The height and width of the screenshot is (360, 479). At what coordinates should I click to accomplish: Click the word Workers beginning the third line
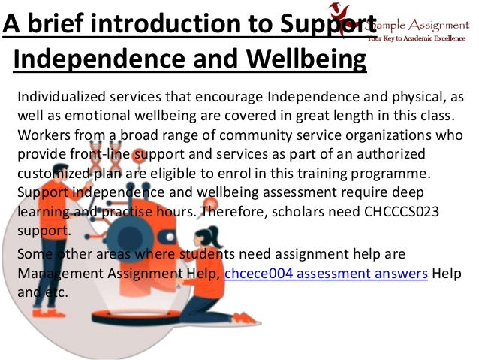pos(41,137)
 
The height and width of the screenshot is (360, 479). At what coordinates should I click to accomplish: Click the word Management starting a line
pos(53,274)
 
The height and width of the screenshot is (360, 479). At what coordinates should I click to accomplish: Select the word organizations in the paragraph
pos(387,137)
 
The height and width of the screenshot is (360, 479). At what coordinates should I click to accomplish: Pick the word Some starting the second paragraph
pos(32,255)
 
